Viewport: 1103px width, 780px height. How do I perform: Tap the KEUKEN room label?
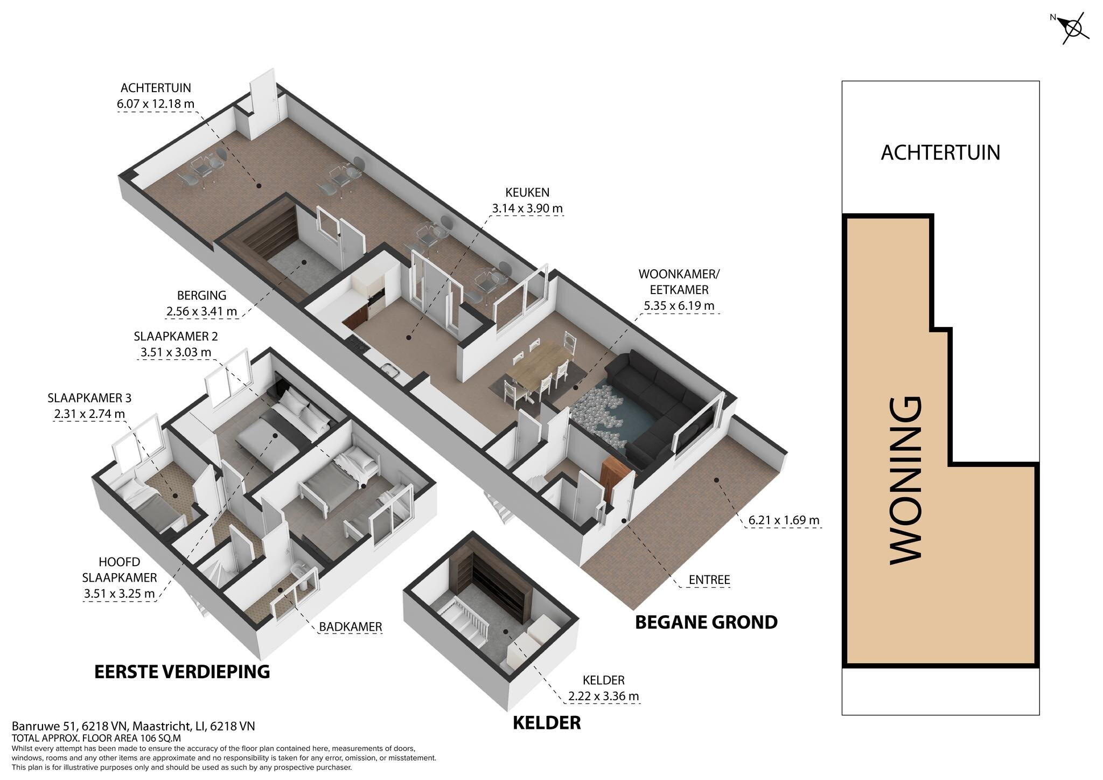527,192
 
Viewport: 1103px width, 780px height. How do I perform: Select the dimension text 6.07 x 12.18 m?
156,103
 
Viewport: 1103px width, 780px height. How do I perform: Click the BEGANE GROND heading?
706,622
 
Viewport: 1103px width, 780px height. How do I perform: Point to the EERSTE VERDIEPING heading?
182,672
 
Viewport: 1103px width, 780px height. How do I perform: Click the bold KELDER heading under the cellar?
547,723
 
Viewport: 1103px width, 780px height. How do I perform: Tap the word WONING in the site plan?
906,480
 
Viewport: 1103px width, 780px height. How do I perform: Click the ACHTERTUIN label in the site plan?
940,152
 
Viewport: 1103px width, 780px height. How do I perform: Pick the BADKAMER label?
351,626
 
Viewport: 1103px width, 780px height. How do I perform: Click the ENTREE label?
709,580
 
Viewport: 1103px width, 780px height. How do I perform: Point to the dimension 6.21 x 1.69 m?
784,520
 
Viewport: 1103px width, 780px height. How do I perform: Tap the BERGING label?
202,295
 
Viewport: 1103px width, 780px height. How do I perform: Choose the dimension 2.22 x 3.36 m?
603,696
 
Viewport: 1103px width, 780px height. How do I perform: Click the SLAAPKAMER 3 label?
89,398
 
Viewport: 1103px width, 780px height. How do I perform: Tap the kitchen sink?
389,370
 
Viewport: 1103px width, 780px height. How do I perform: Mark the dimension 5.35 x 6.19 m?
679,306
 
